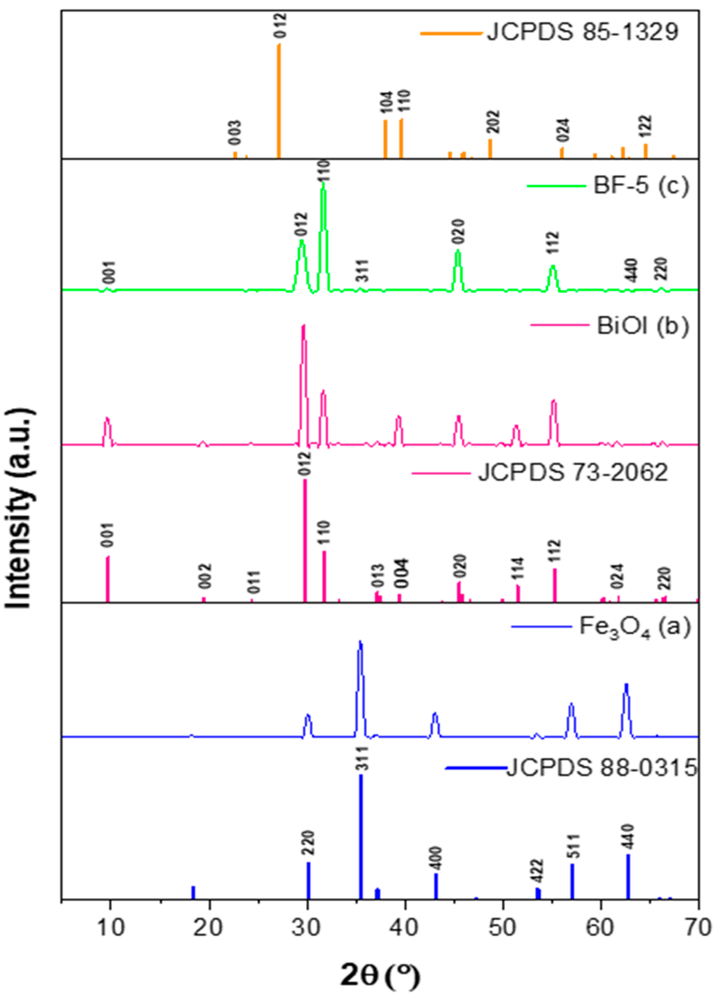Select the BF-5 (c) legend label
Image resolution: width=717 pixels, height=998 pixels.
[x=640, y=186]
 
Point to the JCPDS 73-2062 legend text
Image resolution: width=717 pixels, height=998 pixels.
[x=573, y=473]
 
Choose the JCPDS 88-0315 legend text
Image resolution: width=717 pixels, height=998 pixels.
[x=602, y=768]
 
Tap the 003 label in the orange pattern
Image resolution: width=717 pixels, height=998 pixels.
[x=234, y=133]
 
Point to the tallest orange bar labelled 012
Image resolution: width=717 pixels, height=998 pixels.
[x=279, y=101]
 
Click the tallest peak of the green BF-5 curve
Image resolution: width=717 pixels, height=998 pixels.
[x=323, y=185]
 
